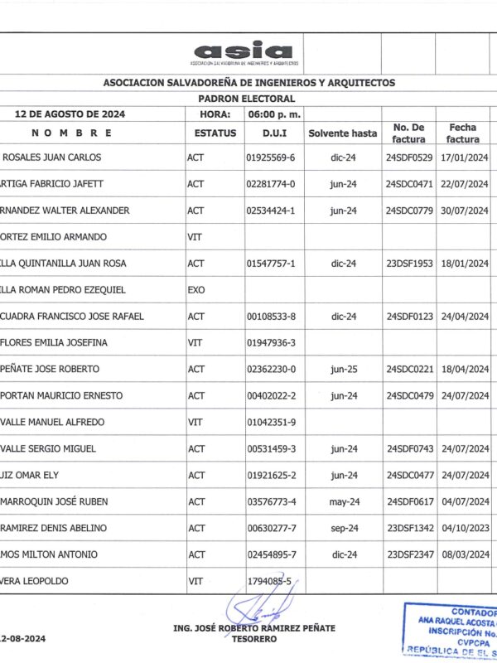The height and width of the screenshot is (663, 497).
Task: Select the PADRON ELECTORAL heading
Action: point(248,98)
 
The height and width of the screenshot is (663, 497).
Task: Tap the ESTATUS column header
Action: point(215,133)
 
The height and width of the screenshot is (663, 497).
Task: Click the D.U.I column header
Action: point(273,133)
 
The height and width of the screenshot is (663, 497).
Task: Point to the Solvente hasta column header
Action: point(342,133)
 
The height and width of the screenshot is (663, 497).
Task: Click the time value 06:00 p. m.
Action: point(273,114)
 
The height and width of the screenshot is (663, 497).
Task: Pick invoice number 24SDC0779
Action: point(410,211)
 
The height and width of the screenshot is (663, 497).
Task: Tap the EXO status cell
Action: point(196,290)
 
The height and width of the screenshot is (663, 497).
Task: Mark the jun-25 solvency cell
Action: point(343,369)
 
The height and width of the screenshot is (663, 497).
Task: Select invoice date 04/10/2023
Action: point(465,528)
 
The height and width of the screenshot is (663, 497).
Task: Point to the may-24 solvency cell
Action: point(343,501)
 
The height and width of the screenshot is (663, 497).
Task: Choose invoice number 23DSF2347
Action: point(410,554)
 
